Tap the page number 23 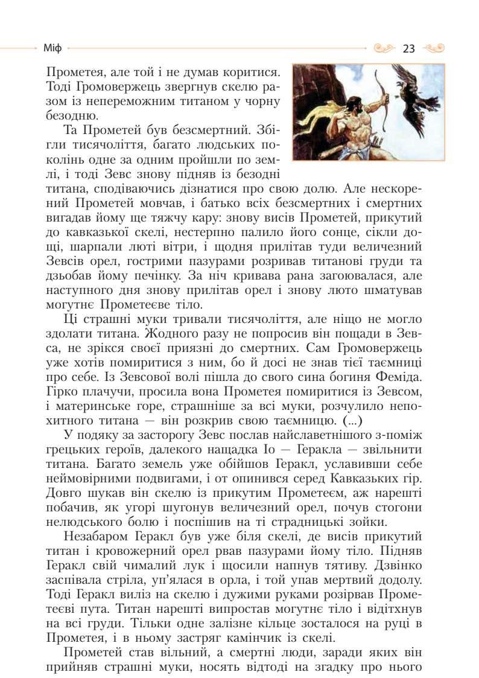coord(408,48)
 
